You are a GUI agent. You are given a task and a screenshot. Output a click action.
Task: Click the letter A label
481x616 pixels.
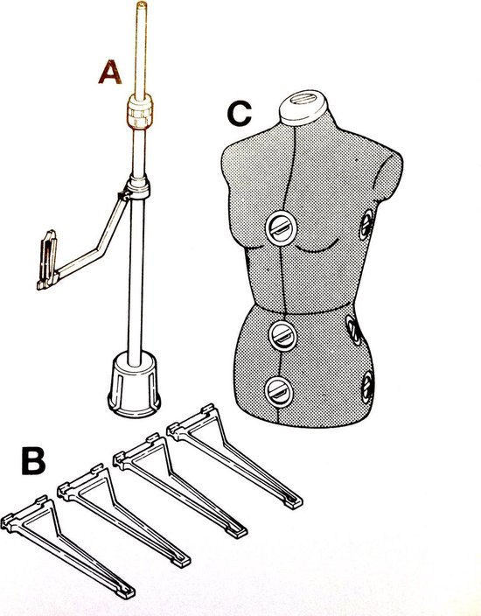(x=110, y=73)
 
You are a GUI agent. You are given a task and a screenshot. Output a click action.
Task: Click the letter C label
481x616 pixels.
(x=239, y=113)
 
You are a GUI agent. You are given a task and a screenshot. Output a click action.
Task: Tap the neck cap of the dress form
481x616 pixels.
(x=303, y=107)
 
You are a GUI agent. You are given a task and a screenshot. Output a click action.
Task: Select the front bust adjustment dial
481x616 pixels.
(x=281, y=228)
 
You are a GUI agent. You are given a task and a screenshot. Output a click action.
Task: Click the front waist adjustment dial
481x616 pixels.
(x=282, y=336)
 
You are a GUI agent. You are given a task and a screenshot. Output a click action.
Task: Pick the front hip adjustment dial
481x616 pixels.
(x=279, y=392)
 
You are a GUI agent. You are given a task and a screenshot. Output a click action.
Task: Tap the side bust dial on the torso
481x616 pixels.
(x=366, y=225)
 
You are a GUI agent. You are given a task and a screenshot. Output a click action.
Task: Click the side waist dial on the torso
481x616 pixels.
(x=354, y=330)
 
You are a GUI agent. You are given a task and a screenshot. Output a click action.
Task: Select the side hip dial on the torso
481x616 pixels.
(x=367, y=387)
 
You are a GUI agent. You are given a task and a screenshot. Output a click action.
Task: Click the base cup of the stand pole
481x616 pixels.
(x=135, y=385)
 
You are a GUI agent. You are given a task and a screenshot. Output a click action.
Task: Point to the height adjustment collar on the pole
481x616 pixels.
(x=140, y=112)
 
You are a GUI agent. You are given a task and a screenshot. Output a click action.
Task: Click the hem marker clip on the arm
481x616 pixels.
(x=47, y=260)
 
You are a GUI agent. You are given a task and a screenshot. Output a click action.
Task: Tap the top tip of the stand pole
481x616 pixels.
(x=142, y=3)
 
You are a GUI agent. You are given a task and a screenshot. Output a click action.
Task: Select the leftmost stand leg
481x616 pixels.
(x=67, y=547)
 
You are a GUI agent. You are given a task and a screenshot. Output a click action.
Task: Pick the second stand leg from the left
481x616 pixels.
(x=124, y=515)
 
